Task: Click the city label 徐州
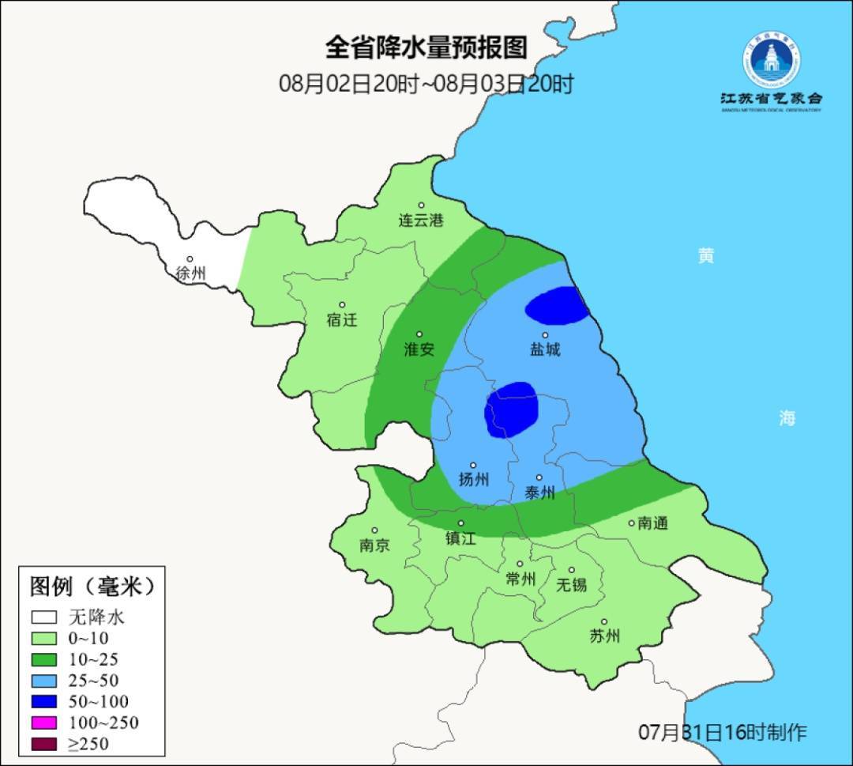tap(190, 274)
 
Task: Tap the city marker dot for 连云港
tap(421, 205)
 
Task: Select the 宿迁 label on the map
tap(342, 320)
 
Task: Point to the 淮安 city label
tap(419, 349)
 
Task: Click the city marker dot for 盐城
tap(545, 334)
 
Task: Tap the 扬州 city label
tap(474, 480)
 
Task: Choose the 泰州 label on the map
tap(539, 493)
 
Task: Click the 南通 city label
tap(652, 523)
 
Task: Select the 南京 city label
tap(374, 545)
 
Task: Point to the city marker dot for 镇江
tap(461, 523)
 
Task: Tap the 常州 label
tap(520, 579)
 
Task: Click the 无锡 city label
tap(572, 585)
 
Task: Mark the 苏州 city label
tap(604, 636)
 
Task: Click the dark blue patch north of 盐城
tap(558, 306)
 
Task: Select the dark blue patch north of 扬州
tap(512, 409)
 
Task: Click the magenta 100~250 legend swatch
tap(44, 723)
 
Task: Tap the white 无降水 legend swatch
tap(44, 617)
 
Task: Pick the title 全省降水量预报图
tap(426, 47)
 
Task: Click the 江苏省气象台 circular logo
tap(771, 59)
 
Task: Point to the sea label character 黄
tap(705, 255)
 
